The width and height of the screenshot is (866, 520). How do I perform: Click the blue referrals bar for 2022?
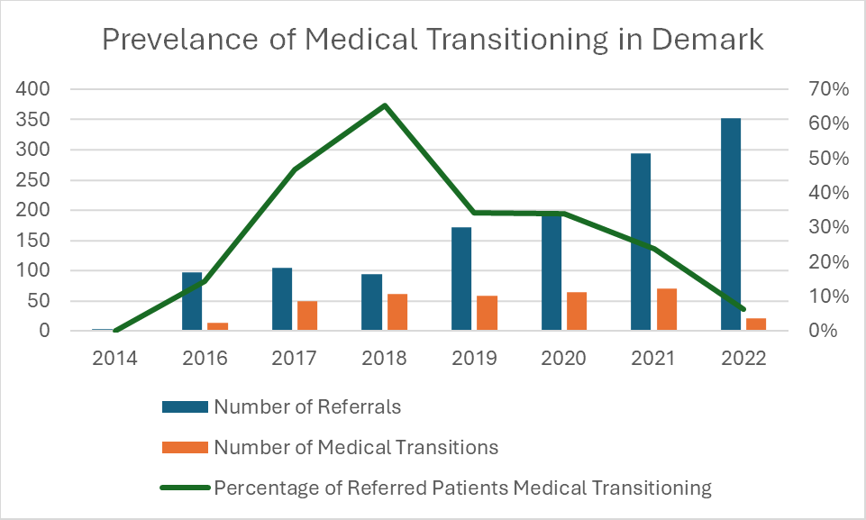(x=731, y=224)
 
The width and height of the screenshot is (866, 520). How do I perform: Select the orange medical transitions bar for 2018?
(x=397, y=312)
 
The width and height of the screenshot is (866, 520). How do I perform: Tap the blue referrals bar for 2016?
(x=192, y=301)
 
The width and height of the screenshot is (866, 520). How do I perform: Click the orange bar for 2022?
(x=756, y=324)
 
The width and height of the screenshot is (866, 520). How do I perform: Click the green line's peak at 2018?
(x=385, y=105)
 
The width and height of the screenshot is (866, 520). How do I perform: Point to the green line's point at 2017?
(x=295, y=169)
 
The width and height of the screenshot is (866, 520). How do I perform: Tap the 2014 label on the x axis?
(x=114, y=358)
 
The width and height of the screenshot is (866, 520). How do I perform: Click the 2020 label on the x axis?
(x=563, y=358)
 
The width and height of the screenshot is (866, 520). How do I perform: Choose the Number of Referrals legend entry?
(x=307, y=406)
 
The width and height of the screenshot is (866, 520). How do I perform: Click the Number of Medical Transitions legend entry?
(x=356, y=447)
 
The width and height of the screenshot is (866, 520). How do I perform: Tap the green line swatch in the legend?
(x=185, y=488)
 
